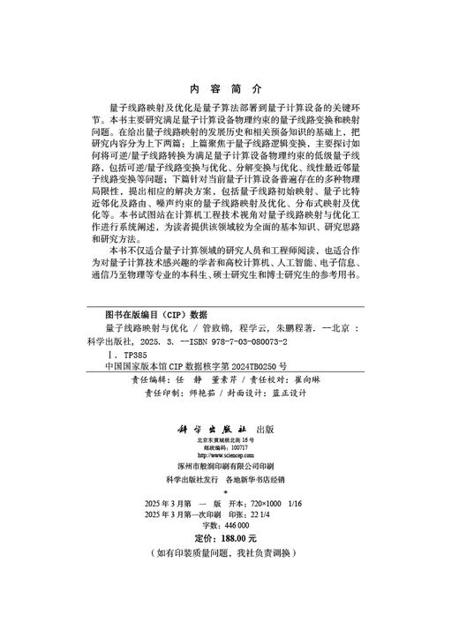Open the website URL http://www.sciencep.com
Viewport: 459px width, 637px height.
coord(225,456)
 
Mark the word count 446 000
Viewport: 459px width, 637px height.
coord(236,523)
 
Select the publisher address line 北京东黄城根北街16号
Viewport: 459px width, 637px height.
coord(225,439)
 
